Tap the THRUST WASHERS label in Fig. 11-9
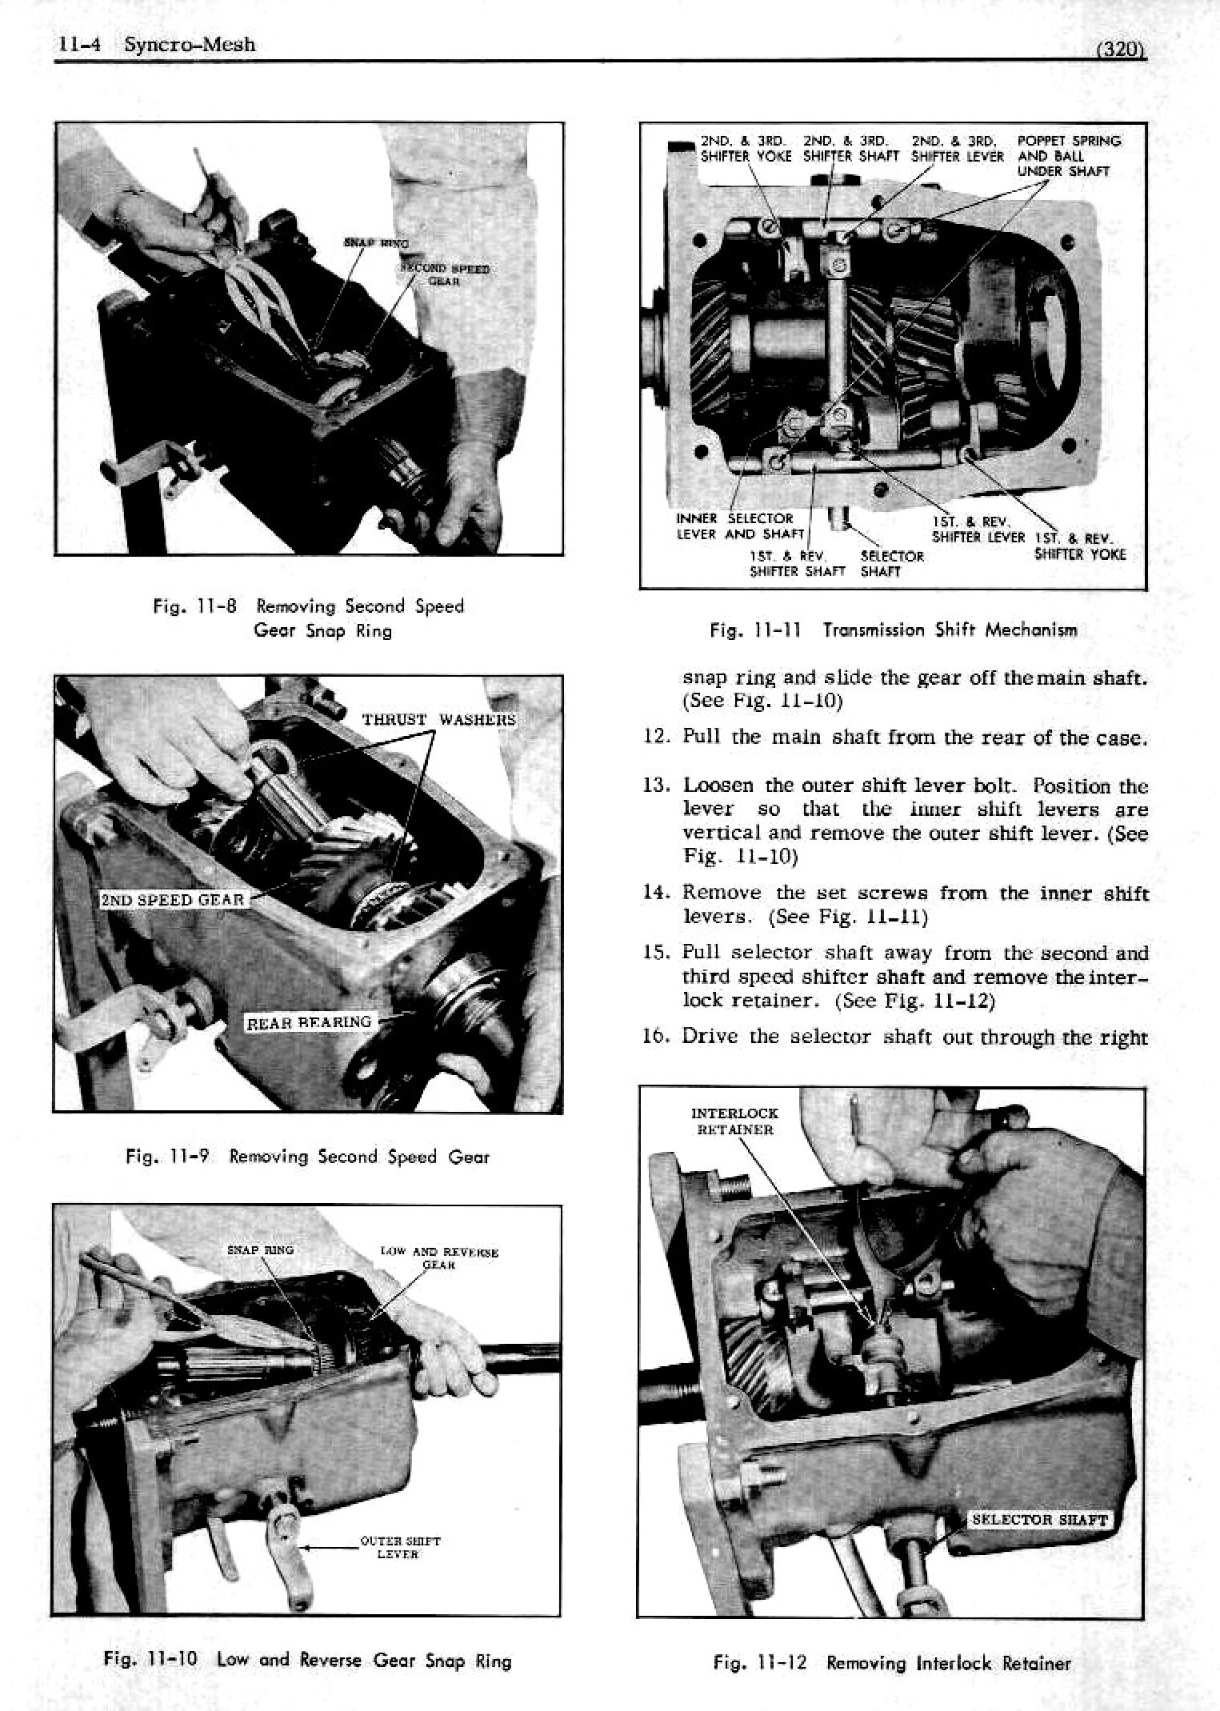coord(438,719)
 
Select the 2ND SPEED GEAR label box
coord(170,899)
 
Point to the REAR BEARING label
coord(309,1022)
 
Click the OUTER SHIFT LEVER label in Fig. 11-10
coord(399,1547)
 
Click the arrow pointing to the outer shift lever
coord(329,1547)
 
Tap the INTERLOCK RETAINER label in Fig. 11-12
coord(733,1121)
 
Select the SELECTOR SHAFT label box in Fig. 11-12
coord(1039,1520)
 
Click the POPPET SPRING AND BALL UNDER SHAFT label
coord(1068,156)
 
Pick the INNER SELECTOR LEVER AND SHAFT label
coord(739,526)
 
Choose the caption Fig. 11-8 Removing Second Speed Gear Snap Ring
coord(309,618)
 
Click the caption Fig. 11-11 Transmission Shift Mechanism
coord(893,630)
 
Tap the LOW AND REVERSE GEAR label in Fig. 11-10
coord(439,1258)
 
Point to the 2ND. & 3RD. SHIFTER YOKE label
coord(746,149)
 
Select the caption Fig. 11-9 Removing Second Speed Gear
coord(308,1157)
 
